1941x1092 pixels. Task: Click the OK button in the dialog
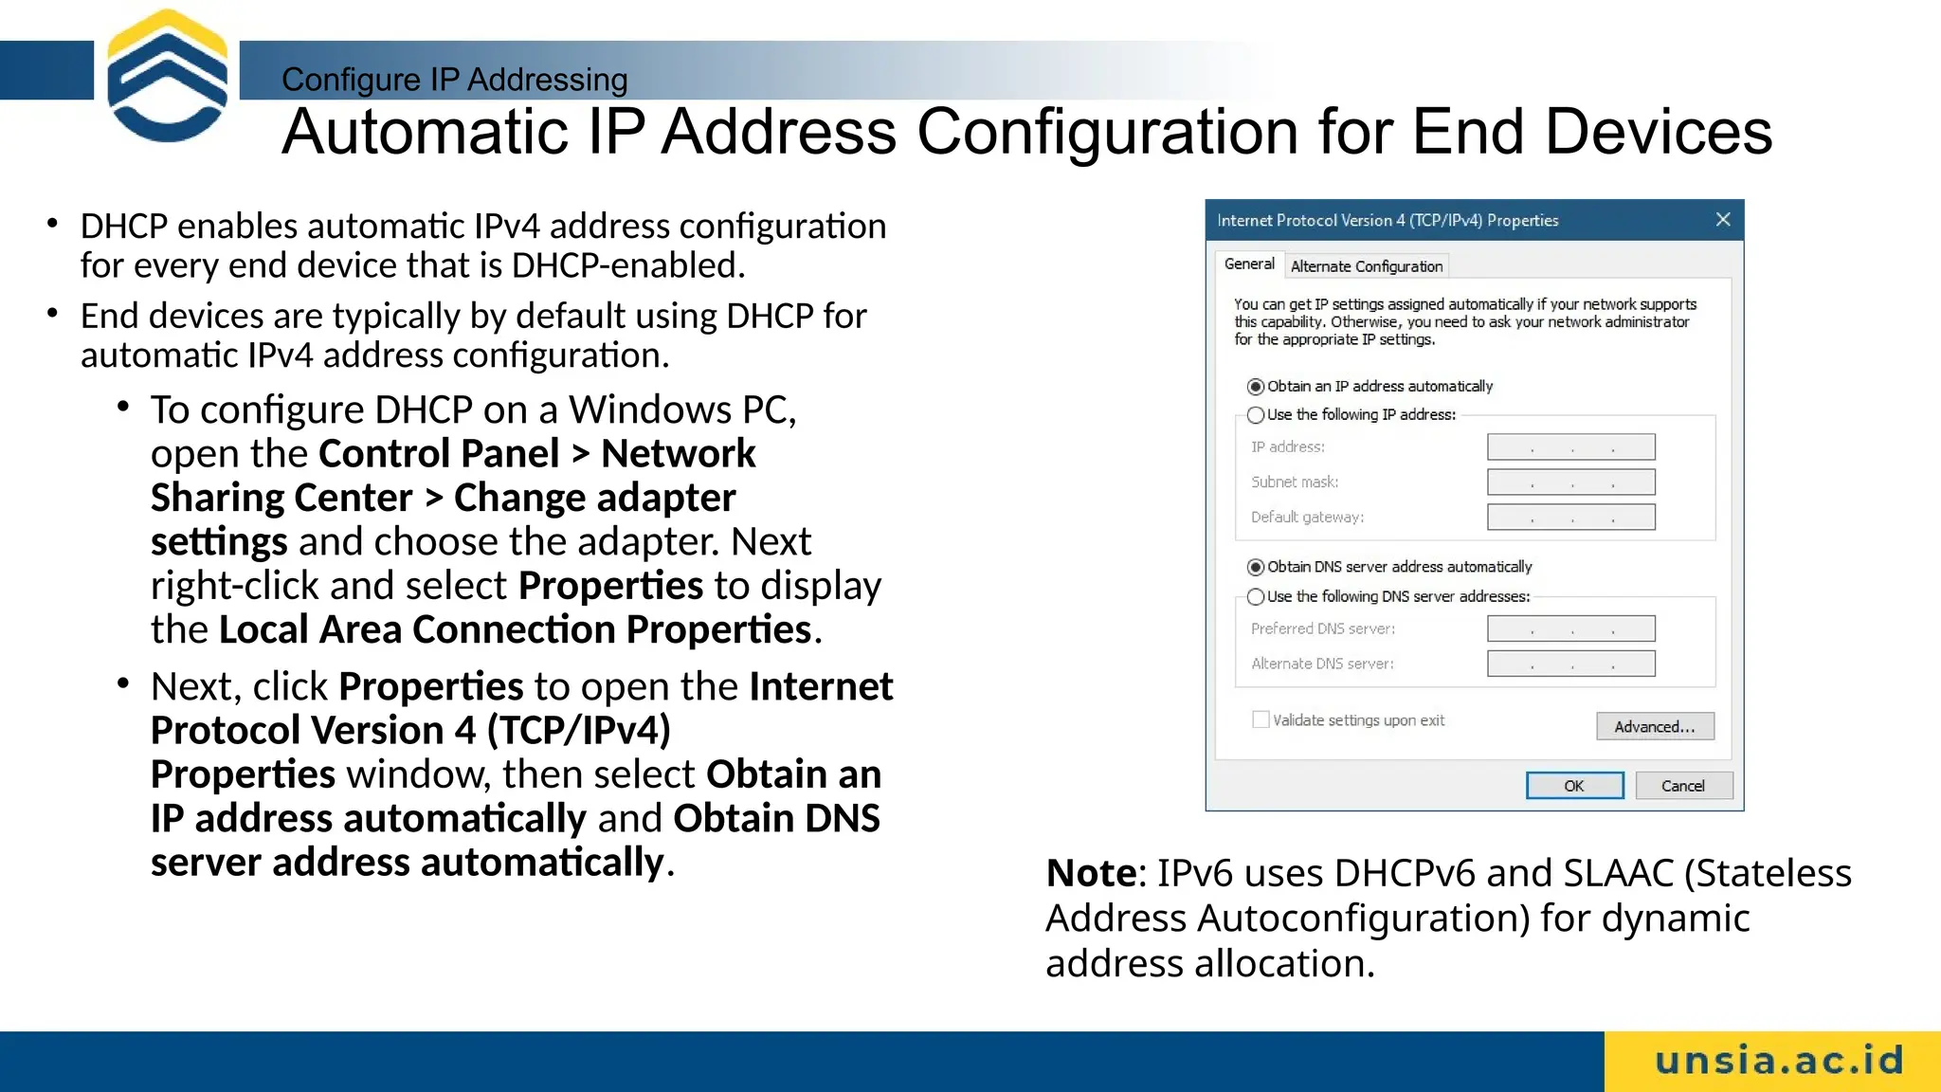coord(1574,786)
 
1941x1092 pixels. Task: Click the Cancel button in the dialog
coord(1683,786)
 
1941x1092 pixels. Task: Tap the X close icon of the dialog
coord(1723,220)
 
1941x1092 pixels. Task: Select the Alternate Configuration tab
coord(1366,266)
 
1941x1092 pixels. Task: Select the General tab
coord(1249,264)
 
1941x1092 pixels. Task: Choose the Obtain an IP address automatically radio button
coord(1256,387)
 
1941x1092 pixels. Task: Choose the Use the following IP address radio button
coord(1256,415)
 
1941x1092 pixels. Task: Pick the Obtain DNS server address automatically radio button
coord(1256,567)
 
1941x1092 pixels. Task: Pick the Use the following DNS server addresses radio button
coord(1256,596)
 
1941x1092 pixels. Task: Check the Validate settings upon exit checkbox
coord(1261,719)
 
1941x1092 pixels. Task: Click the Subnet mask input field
coord(1570,482)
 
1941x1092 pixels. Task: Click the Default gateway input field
coord(1570,518)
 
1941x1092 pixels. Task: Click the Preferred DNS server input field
coord(1570,628)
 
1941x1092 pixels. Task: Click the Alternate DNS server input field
coord(1570,664)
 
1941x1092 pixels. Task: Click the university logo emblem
coord(168,76)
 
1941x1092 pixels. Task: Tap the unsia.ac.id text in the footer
coord(1779,1061)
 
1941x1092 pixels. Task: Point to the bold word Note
coord(1091,873)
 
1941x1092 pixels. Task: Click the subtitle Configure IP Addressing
coord(454,80)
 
